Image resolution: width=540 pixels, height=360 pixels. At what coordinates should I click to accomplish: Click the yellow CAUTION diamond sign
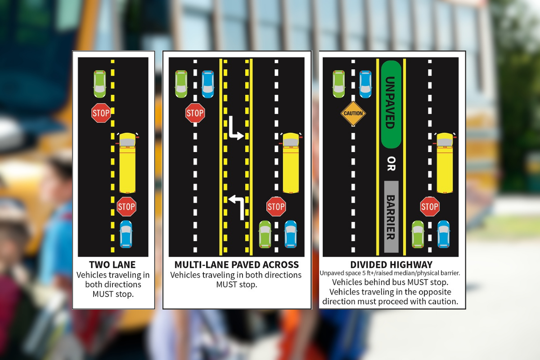[x=353, y=113]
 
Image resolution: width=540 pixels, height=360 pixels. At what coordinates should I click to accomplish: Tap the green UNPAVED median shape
[x=391, y=104]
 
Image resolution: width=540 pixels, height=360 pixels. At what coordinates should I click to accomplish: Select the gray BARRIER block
[x=391, y=216]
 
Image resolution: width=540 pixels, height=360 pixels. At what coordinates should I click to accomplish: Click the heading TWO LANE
[x=112, y=265]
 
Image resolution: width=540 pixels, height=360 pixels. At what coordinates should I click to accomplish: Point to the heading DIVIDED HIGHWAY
[x=391, y=265]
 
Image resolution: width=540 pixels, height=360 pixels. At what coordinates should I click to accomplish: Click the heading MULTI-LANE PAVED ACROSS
[x=237, y=265]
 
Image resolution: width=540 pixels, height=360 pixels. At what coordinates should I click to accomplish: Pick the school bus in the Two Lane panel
[x=127, y=163]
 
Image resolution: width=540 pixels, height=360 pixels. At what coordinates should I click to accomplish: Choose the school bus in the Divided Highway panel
[x=445, y=163]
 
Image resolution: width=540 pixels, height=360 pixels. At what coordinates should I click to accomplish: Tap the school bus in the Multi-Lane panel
[x=291, y=163]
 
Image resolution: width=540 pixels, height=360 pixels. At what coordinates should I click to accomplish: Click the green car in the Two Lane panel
[x=99, y=84]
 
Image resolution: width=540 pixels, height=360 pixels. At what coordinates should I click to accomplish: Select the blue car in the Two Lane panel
[x=126, y=234]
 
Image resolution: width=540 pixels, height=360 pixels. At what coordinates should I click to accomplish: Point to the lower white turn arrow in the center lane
[x=237, y=207]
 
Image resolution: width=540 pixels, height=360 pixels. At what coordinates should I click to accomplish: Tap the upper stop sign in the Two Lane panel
[x=101, y=113]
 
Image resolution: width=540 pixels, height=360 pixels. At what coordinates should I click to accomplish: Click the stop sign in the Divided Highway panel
[x=430, y=207]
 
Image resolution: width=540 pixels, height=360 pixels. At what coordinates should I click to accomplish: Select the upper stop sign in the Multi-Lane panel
[x=195, y=113]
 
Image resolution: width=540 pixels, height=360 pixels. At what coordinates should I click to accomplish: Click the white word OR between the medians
[x=391, y=164]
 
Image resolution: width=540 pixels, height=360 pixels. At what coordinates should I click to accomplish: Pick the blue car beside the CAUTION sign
[x=365, y=84]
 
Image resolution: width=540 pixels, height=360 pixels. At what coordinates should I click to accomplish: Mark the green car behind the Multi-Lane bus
[x=265, y=234]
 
